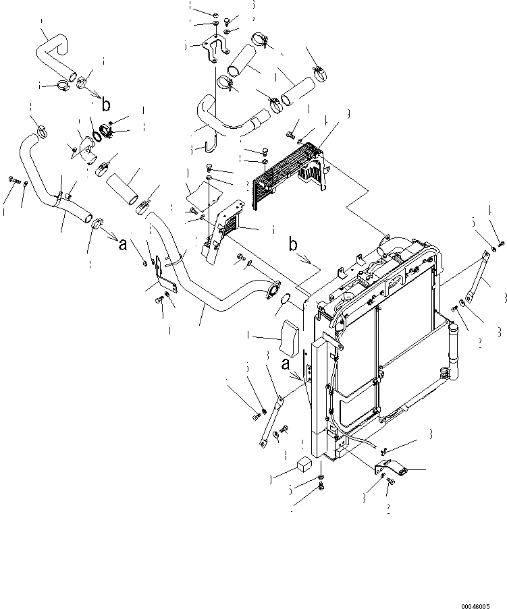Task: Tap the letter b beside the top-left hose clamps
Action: pos(105,105)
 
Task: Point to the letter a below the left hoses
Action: pos(122,245)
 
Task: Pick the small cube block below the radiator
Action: pos(304,464)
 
